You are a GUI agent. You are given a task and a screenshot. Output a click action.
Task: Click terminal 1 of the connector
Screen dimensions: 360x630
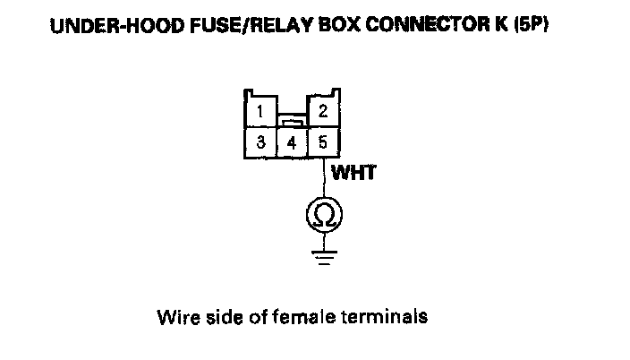(259, 113)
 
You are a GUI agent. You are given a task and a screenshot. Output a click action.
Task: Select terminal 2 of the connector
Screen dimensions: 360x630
(322, 112)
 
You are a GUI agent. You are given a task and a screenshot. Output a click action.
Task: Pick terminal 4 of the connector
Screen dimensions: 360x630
(291, 143)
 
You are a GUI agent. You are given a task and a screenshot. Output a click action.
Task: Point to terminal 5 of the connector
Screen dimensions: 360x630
(322, 142)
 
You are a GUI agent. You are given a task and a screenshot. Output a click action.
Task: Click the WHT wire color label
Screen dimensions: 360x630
(353, 173)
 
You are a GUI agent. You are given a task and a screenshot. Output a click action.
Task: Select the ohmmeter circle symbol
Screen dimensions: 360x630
(322, 214)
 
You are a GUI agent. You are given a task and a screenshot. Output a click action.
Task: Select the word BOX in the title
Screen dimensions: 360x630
(317, 27)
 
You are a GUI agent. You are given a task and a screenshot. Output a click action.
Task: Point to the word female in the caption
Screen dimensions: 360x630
(292, 317)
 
